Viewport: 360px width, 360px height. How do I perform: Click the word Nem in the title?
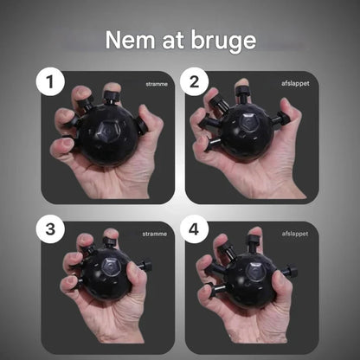tap(130, 40)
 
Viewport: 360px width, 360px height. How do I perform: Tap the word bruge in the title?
tap(223, 42)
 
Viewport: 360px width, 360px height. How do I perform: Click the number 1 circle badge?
tap(50, 81)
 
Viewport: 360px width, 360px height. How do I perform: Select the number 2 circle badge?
tap(194, 81)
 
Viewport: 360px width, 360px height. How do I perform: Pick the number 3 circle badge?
tap(50, 229)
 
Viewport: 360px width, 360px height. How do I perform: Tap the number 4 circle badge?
tap(194, 229)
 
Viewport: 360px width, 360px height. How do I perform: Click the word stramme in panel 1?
tap(157, 84)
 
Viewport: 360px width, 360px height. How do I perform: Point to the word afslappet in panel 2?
tap(295, 83)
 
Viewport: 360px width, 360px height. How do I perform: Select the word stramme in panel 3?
tap(155, 234)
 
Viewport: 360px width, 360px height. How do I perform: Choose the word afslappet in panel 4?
tap(295, 234)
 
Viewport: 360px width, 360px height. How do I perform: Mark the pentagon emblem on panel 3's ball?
tap(111, 267)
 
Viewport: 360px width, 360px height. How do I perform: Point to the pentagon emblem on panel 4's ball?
tap(255, 272)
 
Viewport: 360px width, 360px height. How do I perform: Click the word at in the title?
tap(173, 41)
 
